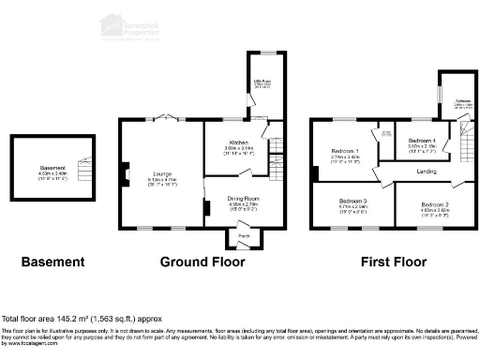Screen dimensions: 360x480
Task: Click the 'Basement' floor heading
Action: tap(52, 262)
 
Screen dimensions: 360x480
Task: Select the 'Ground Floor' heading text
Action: tap(196, 262)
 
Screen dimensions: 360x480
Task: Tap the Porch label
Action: tap(244, 234)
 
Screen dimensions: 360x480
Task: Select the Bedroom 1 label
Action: tap(346, 152)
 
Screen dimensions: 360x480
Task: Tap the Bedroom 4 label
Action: tap(420, 142)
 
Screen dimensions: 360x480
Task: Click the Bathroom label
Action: tap(462, 104)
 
